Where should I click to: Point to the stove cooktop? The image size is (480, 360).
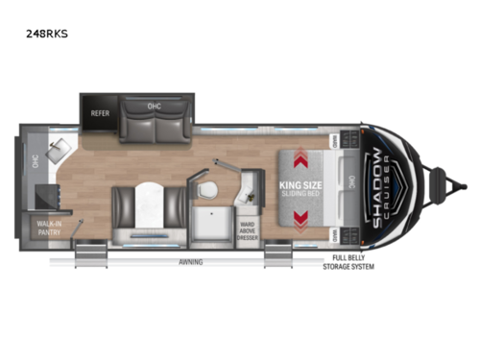(46, 195)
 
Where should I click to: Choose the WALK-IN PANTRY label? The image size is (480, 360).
(45, 230)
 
